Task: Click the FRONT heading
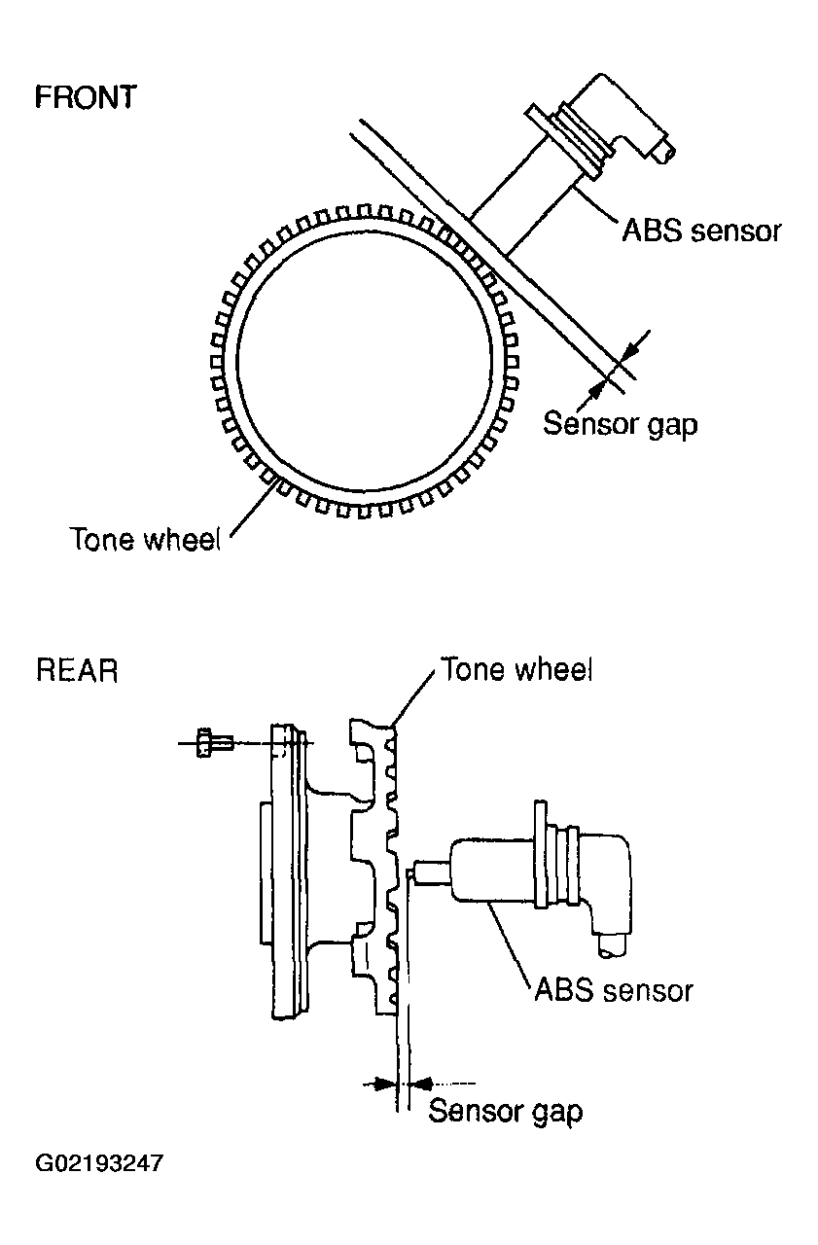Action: [86, 97]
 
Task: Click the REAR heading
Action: [77, 670]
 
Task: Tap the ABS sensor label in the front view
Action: [701, 231]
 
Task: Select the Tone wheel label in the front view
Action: [146, 539]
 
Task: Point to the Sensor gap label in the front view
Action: [620, 425]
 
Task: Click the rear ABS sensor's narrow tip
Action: [432, 871]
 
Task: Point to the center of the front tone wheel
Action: [365, 361]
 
